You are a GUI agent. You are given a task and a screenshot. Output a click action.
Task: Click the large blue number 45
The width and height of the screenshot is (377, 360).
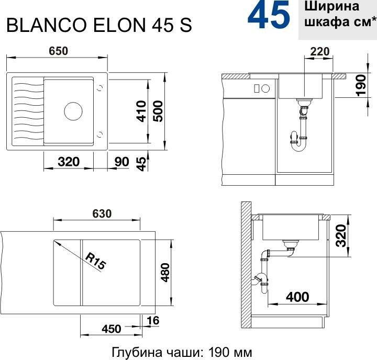click(x=269, y=15)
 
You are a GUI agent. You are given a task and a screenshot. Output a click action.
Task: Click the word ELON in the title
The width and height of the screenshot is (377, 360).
click(x=119, y=25)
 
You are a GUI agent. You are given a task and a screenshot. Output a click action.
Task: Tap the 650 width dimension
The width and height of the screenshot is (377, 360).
click(x=59, y=51)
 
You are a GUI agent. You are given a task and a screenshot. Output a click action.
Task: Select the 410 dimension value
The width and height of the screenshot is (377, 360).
click(x=141, y=111)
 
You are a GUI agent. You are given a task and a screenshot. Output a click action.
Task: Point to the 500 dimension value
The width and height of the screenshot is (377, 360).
click(x=158, y=111)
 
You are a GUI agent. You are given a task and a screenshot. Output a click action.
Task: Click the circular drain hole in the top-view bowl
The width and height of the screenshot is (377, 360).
click(x=73, y=111)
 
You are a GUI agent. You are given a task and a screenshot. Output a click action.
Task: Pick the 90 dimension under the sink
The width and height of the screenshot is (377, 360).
click(x=121, y=162)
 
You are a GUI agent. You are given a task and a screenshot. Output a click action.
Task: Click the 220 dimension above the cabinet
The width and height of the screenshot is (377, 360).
click(x=320, y=51)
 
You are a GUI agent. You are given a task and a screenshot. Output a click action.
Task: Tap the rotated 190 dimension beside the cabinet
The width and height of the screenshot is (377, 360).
click(x=361, y=85)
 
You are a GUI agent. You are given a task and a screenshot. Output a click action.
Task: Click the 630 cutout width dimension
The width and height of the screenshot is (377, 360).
click(x=102, y=213)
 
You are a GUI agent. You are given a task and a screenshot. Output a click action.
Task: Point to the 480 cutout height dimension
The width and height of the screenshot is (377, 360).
click(x=165, y=273)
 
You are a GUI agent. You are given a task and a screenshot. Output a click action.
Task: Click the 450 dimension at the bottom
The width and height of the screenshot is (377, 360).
click(x=111, y=329)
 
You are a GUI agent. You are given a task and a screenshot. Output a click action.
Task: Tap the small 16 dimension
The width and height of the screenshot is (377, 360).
click(x=153, y=321)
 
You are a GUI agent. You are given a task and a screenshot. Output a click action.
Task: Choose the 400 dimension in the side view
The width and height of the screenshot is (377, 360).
click(x=297, y=297)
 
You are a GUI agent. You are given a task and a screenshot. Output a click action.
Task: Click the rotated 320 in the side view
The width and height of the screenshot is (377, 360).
click(x=341, y=235)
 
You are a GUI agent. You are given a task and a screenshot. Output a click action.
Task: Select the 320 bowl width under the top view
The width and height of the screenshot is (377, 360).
click(x=69, y=162)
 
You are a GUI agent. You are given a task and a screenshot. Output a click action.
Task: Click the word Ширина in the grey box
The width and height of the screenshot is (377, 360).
click(x=332, y=7)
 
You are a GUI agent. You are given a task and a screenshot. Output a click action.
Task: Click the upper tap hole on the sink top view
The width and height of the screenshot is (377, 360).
click(x=100, y=88)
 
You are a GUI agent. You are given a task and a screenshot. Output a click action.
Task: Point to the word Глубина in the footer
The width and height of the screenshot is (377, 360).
click(x=137, y=353)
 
